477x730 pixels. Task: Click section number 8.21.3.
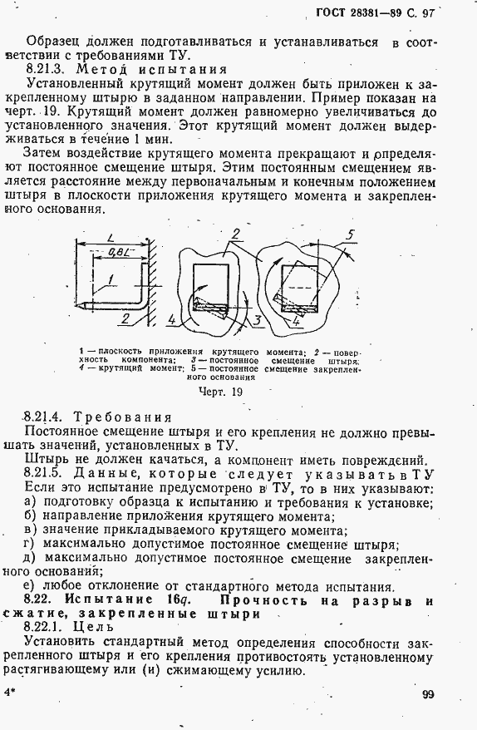47,70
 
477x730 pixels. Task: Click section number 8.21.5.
47,473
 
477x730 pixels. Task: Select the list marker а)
30,502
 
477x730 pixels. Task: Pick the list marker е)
30,584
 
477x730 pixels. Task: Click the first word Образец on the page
51,40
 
